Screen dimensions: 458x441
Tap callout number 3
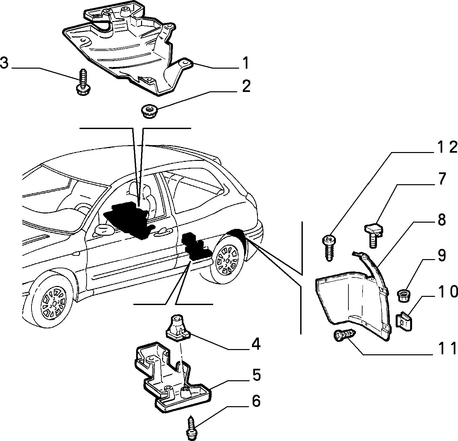coord(4,63)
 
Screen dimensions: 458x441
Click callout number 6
coord(256,401)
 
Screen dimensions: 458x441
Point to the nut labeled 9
coord(404,296)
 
